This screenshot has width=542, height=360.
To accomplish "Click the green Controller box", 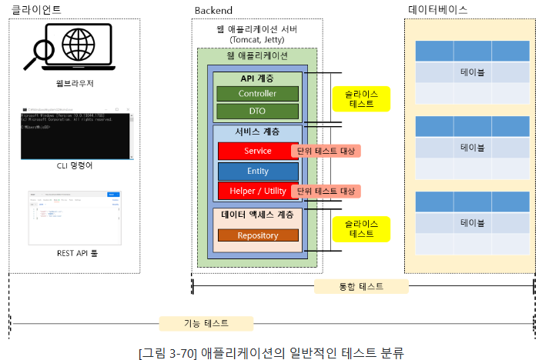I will point(257,93).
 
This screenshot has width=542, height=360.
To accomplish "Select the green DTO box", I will point(257,112).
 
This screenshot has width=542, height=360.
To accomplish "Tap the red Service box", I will point(257,150).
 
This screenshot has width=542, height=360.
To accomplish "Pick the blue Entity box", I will point(257,170).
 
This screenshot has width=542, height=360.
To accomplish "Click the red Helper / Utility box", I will point(257,190).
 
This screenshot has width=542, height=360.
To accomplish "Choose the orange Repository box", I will point(257,235).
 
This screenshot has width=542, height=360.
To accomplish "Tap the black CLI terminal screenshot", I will point(74,132).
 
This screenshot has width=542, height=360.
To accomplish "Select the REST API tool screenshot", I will point(74,216).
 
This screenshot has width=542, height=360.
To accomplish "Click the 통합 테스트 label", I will point(361,286).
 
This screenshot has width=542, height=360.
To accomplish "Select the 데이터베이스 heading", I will point(437,9).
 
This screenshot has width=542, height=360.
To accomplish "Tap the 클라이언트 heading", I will point(35,9).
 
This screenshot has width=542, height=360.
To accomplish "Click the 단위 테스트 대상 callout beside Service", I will point(326,151).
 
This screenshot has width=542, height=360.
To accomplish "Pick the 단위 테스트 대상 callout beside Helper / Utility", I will point(326,191).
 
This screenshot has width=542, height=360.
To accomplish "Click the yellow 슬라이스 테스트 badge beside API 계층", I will point(361,98).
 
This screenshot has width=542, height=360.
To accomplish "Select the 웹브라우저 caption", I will point(74,82).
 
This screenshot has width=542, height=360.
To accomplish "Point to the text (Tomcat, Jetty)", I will point(257,39).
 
